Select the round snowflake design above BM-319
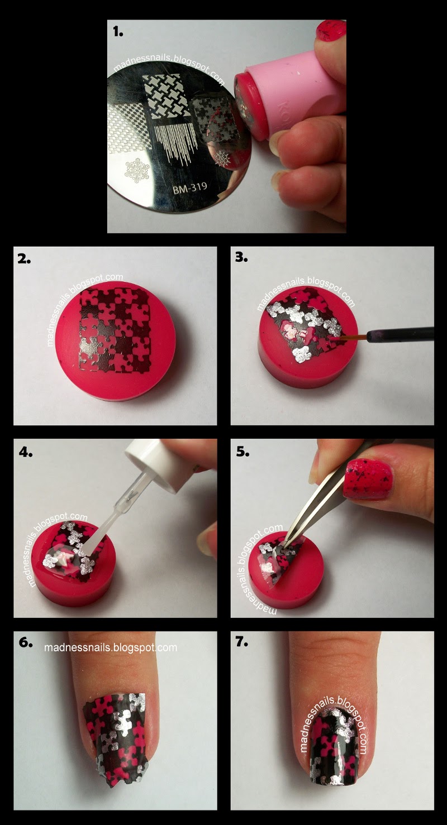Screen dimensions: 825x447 tap(137, 167)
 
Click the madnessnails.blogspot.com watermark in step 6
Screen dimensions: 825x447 tap(111, 647)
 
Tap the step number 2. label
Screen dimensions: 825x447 tap(27, 260)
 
